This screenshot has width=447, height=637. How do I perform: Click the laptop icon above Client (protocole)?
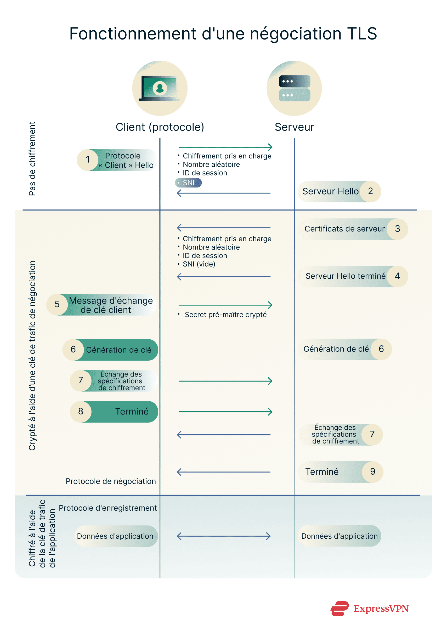coord(160,88)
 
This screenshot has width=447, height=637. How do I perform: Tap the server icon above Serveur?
coord(295,88)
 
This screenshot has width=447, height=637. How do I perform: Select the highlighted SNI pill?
coord(188,183)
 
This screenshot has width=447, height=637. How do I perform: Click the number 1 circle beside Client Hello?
coord(88,160)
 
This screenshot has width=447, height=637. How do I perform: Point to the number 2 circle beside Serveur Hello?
coord(370,191)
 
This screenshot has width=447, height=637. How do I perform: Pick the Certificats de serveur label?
coord(344,229)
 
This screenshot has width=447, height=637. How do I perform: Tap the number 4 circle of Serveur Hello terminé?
coord(397,276)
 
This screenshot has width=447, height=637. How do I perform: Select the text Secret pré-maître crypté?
coord(225,315)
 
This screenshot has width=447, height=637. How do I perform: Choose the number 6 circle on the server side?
coord(381,349)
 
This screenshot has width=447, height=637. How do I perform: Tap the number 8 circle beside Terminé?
coord(81,411)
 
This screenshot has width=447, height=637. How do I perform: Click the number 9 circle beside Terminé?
coord(373,472)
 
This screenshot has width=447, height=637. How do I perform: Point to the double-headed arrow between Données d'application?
coord(224,536)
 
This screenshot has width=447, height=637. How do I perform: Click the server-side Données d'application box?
coord(339,536)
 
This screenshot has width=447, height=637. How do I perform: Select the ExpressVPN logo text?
coord(381,608)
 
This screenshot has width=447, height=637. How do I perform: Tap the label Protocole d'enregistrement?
coord(108,508)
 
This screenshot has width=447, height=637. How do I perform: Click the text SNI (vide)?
coord(199,264)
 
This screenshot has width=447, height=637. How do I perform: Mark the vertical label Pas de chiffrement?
coord(32,158)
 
